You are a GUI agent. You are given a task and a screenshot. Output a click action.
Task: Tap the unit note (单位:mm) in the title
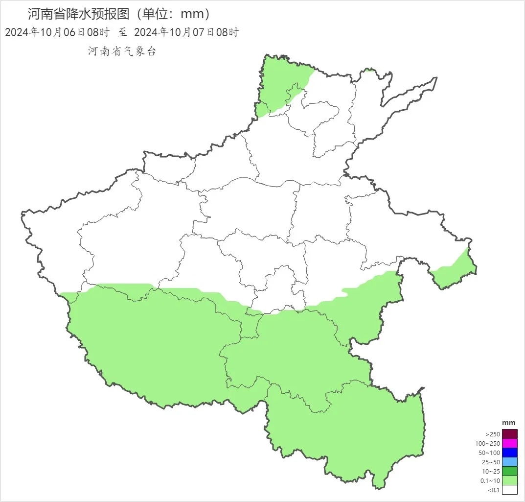coord(174,13)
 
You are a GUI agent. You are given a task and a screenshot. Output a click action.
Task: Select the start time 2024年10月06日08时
coord(57,32)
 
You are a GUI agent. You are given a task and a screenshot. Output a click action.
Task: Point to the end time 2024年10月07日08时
coord(186,32)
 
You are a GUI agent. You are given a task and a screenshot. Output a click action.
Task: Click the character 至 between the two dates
coord(122,32)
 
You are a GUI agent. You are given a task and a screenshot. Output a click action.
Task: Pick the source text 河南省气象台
coord(122,51)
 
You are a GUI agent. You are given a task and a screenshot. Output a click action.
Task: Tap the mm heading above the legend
coord(509,423)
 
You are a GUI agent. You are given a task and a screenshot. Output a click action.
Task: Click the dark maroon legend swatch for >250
coord(509,434)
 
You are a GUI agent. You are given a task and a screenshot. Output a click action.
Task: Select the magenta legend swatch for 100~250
coord(509,443)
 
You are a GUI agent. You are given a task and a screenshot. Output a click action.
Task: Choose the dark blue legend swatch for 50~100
coord(509,453)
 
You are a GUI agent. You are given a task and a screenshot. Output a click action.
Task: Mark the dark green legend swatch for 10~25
coord(509,471)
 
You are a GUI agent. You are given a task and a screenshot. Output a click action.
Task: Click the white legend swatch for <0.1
coord(509,490)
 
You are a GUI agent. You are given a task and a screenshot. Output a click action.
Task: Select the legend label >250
coord(493,434)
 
